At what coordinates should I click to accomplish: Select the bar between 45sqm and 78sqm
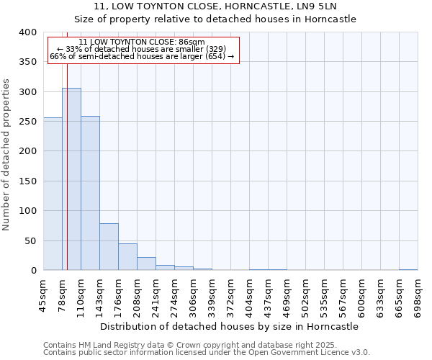[53, 194]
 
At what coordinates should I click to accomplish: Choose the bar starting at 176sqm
[127, 257]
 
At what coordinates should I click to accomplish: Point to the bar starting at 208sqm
[146, 264]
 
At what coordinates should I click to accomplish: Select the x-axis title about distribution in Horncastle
[230, 326]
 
